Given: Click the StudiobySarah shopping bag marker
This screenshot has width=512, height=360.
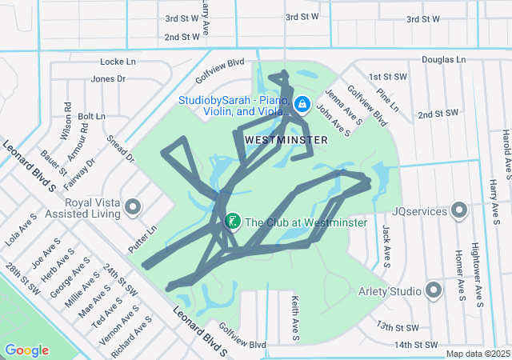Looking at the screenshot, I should click(x=302, y=104).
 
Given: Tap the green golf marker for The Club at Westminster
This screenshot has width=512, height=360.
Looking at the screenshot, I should click(x=233, y=222).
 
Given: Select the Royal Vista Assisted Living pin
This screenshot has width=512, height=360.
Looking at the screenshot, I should click(x=133, y=209).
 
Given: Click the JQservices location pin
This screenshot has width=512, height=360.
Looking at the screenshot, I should click(x=459, y=210).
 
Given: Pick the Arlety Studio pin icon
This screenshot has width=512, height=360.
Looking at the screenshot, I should click(x=434, y=290).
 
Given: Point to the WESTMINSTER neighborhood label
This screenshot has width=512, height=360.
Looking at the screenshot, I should click(x=286, y=140).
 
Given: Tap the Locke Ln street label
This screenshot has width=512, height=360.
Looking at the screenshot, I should click(x=118, y=62).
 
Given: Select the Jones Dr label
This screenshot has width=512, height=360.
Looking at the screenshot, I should click(x=109, y=78).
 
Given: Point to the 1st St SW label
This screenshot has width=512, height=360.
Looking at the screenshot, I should click(x=382, y=77).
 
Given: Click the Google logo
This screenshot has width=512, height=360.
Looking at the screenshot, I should click(x=26, y=350).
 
